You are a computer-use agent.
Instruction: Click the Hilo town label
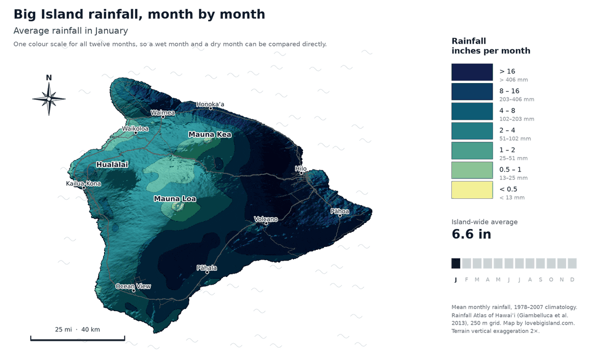point(300,169)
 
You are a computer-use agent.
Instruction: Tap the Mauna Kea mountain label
point(210,135)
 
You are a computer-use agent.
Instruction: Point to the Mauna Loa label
point(175,198)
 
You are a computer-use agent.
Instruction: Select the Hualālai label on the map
point(112,164)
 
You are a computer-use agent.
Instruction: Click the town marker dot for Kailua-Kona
point(84,188)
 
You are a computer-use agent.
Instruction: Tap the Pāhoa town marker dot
point(340,216)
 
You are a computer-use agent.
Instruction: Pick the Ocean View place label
point(133,286)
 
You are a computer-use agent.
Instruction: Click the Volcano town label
point(266,219)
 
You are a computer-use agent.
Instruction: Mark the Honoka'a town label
point(210,104)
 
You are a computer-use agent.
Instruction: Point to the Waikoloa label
point(135,128)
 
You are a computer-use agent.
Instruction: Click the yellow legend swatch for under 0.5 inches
point(472,190)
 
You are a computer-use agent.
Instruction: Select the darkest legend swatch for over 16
point(472,72)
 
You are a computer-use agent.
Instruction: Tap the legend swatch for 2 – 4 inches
point(472,131)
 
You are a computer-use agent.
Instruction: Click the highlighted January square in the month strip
point(456,263)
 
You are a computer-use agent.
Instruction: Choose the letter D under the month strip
point(572,279)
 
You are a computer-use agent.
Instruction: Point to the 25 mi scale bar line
point(78,340)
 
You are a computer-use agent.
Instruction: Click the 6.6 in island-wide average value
point(471,234)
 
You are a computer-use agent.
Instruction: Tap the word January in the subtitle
point(112,31)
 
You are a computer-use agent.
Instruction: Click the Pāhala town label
point(207,268)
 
